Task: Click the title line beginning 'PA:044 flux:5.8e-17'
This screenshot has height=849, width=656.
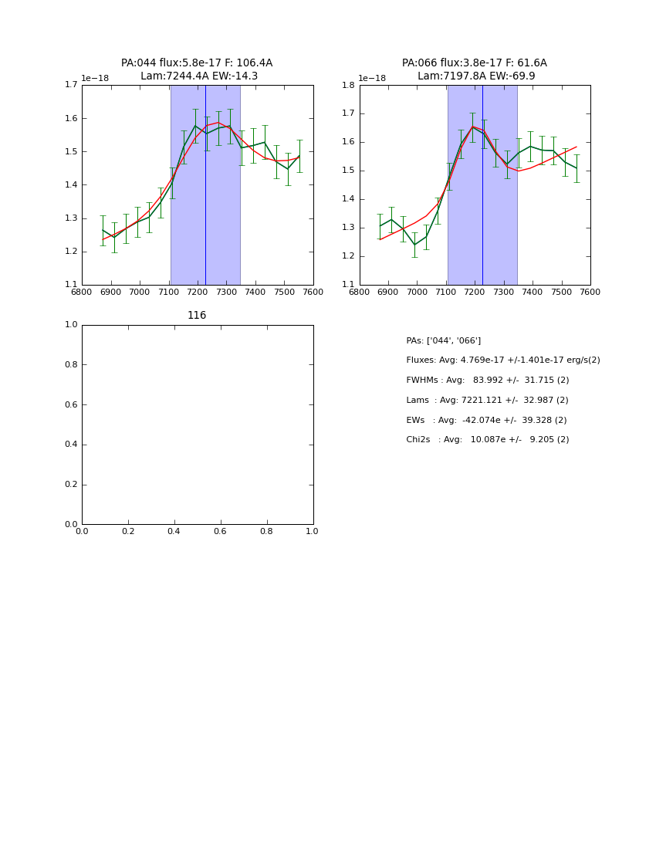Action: pyautogui.click(x=197, y=63)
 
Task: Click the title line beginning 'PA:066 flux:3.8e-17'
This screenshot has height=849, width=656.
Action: pyautogui.click(x=474, y=63)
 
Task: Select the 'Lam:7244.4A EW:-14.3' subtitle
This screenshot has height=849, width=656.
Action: pyautogui.click(x=199, y=76)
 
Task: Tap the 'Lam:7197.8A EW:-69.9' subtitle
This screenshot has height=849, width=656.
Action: pyautogui.click(x=476, y=76)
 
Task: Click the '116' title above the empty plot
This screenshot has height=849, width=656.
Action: pyautogui.click(x=197, y=316)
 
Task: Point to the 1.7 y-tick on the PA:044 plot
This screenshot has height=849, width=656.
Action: pyautogui.click(x=71, y=85)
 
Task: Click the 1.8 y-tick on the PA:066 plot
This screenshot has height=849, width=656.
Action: pyautogui.click(x=349, y=85)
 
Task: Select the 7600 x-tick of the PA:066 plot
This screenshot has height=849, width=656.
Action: pyautogui.click(x=590, y=293)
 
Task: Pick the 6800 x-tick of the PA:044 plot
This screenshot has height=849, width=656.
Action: pyautogui.click(x=82, y=293)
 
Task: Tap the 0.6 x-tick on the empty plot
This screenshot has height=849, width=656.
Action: pyautogui.click(x=220, y=532)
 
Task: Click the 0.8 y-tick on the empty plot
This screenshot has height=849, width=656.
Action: pyautogui.click(x=71, y=364)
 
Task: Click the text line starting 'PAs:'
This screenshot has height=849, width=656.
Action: pyautogui.click(x=443, y=340)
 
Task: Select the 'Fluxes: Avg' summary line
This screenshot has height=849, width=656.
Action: pyautogui.click(x=502, y=360)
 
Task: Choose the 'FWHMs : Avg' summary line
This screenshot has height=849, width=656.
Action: pyautogui.click(x=487, y=381)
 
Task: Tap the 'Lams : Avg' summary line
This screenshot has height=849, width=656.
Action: pyautogui.click(x=487, y=401)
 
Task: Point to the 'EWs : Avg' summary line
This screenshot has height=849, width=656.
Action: pyautogui.click(x=486, y=420)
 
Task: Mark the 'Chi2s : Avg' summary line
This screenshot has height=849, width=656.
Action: pyautogui.click(x=487, y=440)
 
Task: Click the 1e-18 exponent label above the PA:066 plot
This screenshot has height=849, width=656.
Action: pyautogui.click(x=372, y=78)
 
